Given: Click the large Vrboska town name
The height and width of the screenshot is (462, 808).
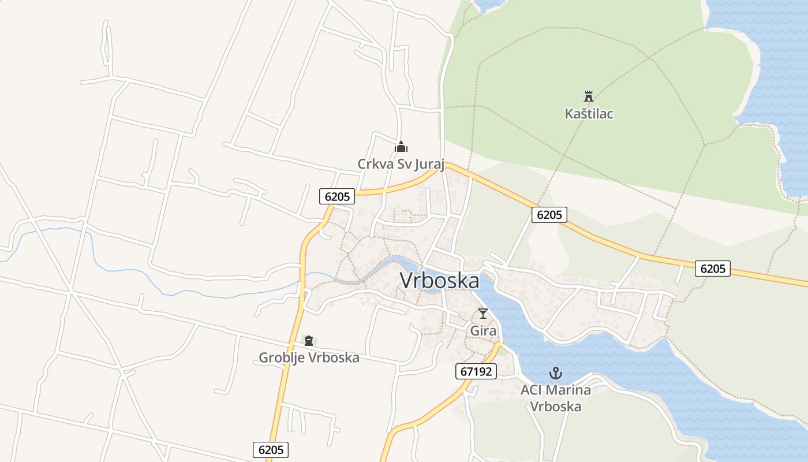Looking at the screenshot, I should pyautogui.click(x=439, y=281).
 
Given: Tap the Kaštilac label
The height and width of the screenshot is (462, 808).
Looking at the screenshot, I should pyautogui.click(x=589, y=114).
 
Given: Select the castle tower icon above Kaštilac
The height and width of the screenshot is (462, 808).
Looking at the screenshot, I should pyautogui.click(x=589, y=96).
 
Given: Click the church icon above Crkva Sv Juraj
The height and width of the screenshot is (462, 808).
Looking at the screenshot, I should pyautogui.click(x=401, y=147).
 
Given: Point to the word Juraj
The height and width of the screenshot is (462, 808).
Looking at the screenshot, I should pyautogui.click(x=428, y=165).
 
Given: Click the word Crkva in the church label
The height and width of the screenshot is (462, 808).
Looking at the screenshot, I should pyautogui.click(x=373, y=164).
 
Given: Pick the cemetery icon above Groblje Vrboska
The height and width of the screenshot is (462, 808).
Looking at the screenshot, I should pyautogui.click(x=309, y=341).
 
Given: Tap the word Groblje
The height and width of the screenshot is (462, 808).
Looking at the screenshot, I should pyautogui.click(x=282, y=358).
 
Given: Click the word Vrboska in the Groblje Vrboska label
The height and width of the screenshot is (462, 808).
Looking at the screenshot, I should pyautogui.click(x=334, y=358).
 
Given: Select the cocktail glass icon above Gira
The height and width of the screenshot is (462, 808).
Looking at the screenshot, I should pyautogui.click(x=483, y=314).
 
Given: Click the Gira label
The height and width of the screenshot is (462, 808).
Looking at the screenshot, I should pyautogui.click(x=483, y=331).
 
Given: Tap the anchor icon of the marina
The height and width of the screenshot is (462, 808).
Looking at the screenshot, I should pyautogui.click(x=556, y=373).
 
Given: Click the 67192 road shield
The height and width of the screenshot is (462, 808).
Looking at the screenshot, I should pyautogui.click(x=476, y=371).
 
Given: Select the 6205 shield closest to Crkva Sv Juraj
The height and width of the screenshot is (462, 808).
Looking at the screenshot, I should pyautogui.click(x=337, y=196).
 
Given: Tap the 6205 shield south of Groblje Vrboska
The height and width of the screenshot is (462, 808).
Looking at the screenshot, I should pyautogui.click(x=270, y=450).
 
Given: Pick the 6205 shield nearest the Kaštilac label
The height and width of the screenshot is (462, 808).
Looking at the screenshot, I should pyautogui.click(x=549, y=215).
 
